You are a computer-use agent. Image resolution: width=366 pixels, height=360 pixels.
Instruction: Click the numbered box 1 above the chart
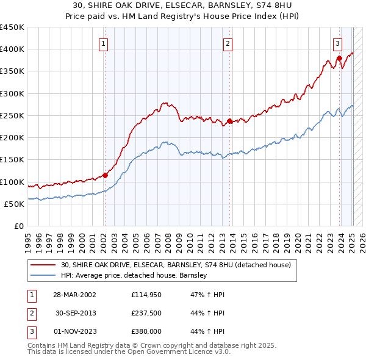click(x=104, y=43)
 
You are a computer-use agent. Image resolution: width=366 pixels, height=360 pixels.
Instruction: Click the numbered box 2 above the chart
click(x=228, y=43)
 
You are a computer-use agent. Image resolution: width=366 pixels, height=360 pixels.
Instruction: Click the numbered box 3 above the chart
click(x=337, y=43)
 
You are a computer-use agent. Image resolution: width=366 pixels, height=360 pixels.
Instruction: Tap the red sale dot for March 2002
click(x=105, y=175)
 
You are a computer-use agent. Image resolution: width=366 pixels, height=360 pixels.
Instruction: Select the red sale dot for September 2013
click(x=229, y=121)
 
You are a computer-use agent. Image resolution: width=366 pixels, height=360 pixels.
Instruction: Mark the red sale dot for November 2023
click(x=339, y=59)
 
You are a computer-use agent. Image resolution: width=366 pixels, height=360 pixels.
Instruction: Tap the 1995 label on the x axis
click(x=27, y=238)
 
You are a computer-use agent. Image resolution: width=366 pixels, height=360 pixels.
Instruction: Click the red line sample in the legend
click(x=44, y=265)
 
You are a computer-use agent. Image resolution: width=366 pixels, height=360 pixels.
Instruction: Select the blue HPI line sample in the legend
click(x=44, y=275)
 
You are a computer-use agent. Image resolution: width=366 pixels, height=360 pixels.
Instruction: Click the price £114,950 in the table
click(x=145, y=295)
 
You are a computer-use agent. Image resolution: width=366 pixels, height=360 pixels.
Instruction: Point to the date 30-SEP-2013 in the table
click(x=76, y=314)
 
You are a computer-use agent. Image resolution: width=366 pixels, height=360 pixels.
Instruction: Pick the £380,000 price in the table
click(x=145, y=332)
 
